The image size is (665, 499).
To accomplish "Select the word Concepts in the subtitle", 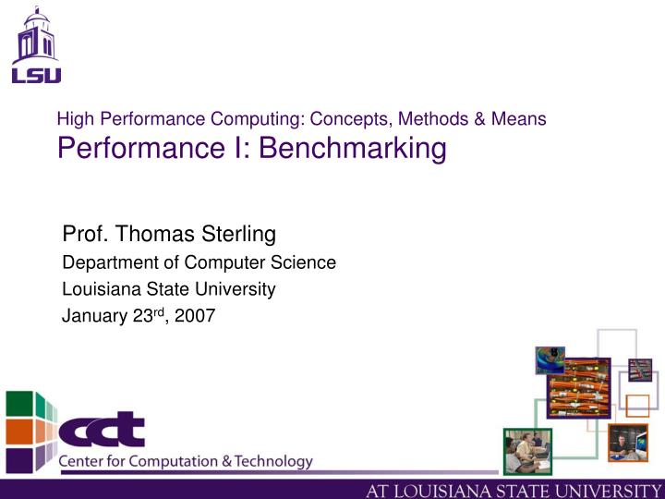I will pyautogui.click(x=351, y=119).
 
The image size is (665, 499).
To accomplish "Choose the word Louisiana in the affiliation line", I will pyautogui.click(x=97, y=289).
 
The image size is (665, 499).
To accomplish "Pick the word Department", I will pyautogui.click(x=103, y=262).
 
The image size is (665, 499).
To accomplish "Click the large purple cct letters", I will pyautogui.click(x=102, y=430).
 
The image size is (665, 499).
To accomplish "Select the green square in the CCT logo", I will pyautogui.click(x=20, y=404).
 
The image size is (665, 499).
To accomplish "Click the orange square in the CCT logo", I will pyautogui.click(x=20, y=431).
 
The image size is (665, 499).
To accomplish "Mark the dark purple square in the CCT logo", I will pyautogui.click(x=20, y=457).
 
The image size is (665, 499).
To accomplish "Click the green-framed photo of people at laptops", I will pyautogui.click(x=526, y=451).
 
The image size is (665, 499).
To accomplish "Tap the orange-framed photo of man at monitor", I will pyautogui.click(x=627, y=443).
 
